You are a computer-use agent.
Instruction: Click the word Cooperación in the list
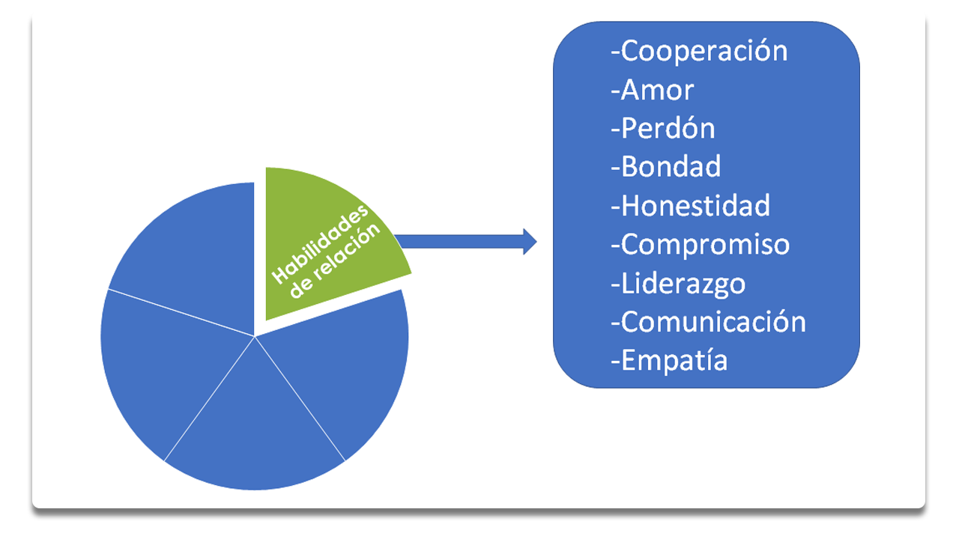(x=704, y=52)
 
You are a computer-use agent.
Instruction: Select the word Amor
(x=657, y=91)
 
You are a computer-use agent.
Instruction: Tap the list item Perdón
(x=668, y=129)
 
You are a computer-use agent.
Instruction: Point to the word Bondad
(x=671, y=167)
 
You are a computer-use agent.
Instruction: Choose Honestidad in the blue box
(x=695, y=206)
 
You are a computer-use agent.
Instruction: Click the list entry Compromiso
(x=705, y=245)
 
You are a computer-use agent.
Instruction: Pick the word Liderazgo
(x=683, y=284)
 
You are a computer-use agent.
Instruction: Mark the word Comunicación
(x=713, y=322)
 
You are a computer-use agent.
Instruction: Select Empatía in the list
(x=674, y=361)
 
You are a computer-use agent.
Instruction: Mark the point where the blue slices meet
(x=255, y=336)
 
